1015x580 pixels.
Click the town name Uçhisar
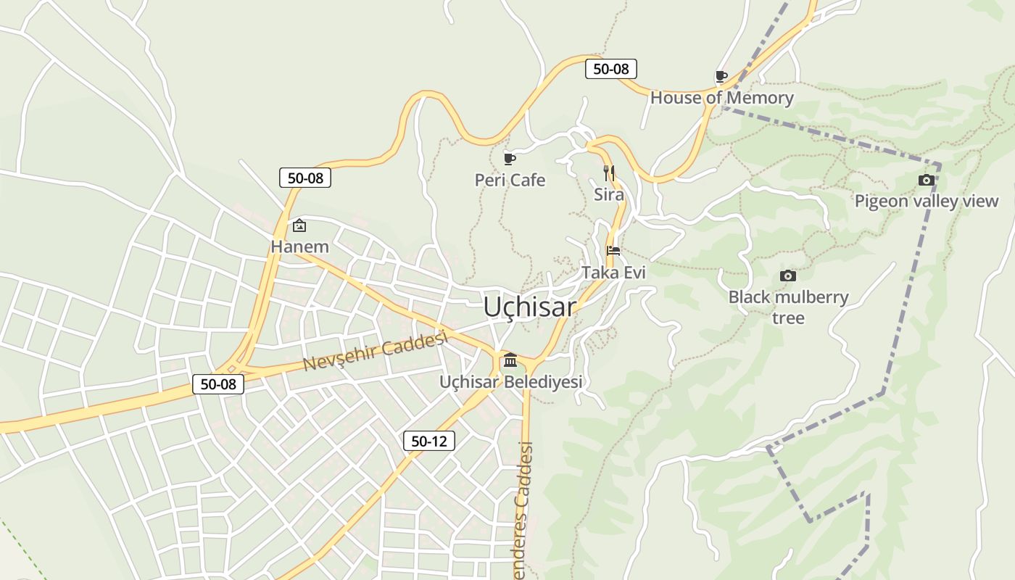[x=529, y=307]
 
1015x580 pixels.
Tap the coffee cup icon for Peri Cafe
[x=510, y=159]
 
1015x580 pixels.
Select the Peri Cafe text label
[x=510, y=180]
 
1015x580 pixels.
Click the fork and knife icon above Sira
[x=609, y=173]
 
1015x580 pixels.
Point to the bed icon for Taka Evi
[x=613, y=251]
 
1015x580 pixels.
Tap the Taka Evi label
[x=613, y=273]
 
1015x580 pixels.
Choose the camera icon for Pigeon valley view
[x=926, y=180]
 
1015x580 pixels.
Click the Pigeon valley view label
[x=926, y=201]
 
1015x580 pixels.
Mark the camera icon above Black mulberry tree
[x=788, y=275]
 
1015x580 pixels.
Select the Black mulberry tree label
[x=788, y=307]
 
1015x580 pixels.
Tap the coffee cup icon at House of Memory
[x=721, y=76]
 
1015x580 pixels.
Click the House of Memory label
[x=721, y=97]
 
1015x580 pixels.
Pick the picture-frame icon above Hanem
[x=299, y=225]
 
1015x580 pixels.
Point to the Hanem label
[x=299, y=246]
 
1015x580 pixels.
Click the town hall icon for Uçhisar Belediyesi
[x=510, y=360]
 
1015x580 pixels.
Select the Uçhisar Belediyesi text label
[x=510, y=381]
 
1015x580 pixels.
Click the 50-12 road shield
[x=429, y=440]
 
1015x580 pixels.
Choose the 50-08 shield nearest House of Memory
[x=610, y=69]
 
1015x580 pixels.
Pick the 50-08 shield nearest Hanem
[x=305, y=178]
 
